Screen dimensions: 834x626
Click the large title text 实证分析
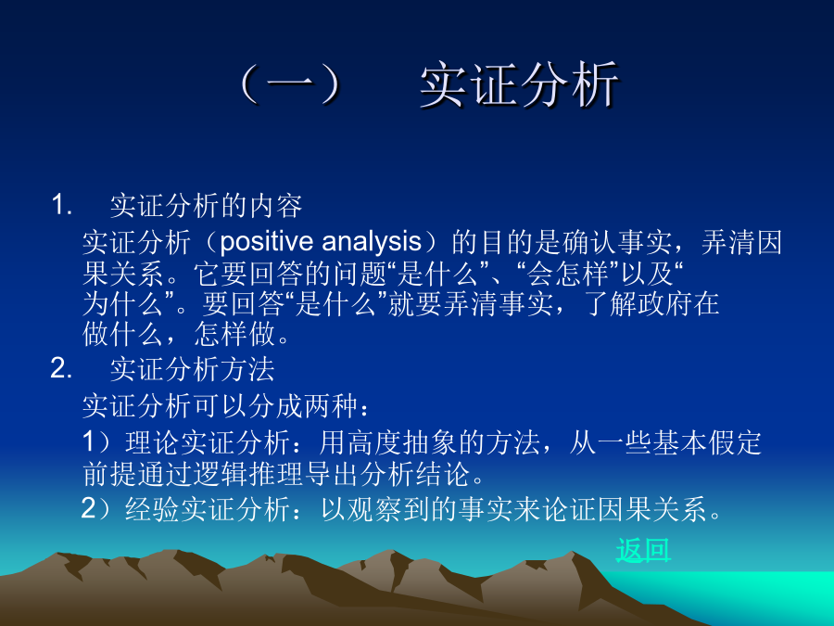click(519, 85)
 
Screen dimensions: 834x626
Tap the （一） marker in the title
click(291, 85)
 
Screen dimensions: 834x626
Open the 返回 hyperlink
click(643, 550)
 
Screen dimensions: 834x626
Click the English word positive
click(267, 242)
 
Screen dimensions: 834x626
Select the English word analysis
click(372, 242)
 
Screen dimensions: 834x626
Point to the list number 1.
click(62, 205)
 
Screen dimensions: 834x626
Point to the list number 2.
click(61, 368)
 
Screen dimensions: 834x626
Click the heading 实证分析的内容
click(206, 206)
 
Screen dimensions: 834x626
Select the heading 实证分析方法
click(192, 369)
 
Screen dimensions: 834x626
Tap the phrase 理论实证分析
click(208, 442)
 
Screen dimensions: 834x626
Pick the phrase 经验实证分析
click(208, 509)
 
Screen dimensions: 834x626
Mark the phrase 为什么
click(123, 304)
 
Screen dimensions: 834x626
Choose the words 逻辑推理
click(247, 474)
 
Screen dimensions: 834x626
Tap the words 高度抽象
click(402, 442)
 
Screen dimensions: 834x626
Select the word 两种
click(330, 406)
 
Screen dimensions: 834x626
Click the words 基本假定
click(707, 442)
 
